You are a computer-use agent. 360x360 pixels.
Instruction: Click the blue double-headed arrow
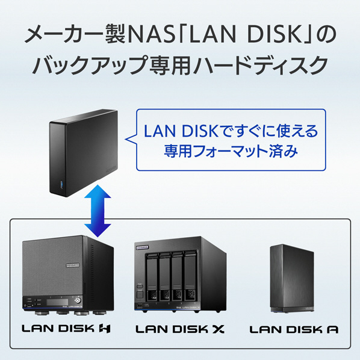click(98, 211)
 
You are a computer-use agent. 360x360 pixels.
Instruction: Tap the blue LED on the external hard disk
click(61, 184)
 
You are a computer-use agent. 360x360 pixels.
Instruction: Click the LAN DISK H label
click(66, 329)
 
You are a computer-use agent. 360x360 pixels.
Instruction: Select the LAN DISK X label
click(180, 329)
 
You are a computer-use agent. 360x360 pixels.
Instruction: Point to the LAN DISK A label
click(294, 329)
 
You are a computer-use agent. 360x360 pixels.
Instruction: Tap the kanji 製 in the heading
click(115, 35)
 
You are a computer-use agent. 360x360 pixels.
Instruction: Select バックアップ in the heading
click(90, 66)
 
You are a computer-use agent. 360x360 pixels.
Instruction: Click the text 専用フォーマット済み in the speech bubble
click(231, 151)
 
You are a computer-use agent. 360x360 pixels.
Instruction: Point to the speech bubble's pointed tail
click(126, 139)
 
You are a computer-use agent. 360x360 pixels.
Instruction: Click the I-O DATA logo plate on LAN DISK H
click(73, 265)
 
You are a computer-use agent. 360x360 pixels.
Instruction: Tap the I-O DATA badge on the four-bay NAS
click(142, 247)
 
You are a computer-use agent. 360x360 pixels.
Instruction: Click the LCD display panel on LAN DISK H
click(57, 302)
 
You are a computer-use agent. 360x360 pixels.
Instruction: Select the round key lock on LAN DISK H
click(78, 300)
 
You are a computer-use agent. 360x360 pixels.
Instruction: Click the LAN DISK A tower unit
click(292, 278)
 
